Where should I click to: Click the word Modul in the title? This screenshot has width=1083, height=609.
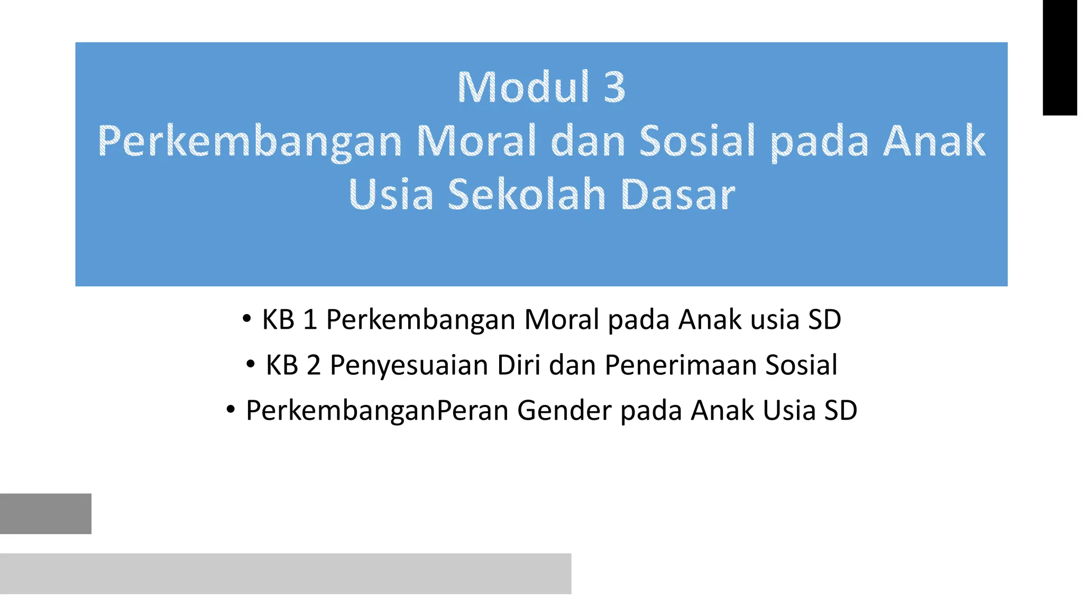pyautogui.click(x=523, y=87)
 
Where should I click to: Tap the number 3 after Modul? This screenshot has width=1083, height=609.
pyautogui.click(x=614, y=87)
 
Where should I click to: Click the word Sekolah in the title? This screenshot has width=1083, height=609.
pyautogui.click(x=526, y=195)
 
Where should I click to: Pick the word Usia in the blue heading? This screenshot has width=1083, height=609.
pyautogui.click(x=391, y=195)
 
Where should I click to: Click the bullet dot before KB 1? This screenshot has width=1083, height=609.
pyautogui.click(x=246, y=319)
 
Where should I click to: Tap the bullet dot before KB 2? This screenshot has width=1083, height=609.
pyautogui.click(x=250, y=364)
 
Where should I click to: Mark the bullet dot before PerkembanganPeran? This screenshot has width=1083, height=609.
pyautogui.click(x=230, y=410)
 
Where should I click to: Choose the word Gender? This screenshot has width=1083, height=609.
pyautogui.click(x=564, y=411)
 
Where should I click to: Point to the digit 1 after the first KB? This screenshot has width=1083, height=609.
pyautogui.click(x=310, y=320)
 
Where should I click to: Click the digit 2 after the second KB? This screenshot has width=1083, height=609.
pyautogui.click(x=314, y=365)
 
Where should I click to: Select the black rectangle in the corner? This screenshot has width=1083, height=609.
pyautogui.click(x=1060, y=57)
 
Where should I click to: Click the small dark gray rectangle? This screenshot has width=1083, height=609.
pyautogui.click(x=45, y=513)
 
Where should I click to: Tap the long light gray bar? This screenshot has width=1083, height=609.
pyautogui.click(x=286, y=574)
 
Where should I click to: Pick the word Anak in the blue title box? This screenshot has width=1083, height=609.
pyautogui.click(x=934, y=141)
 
